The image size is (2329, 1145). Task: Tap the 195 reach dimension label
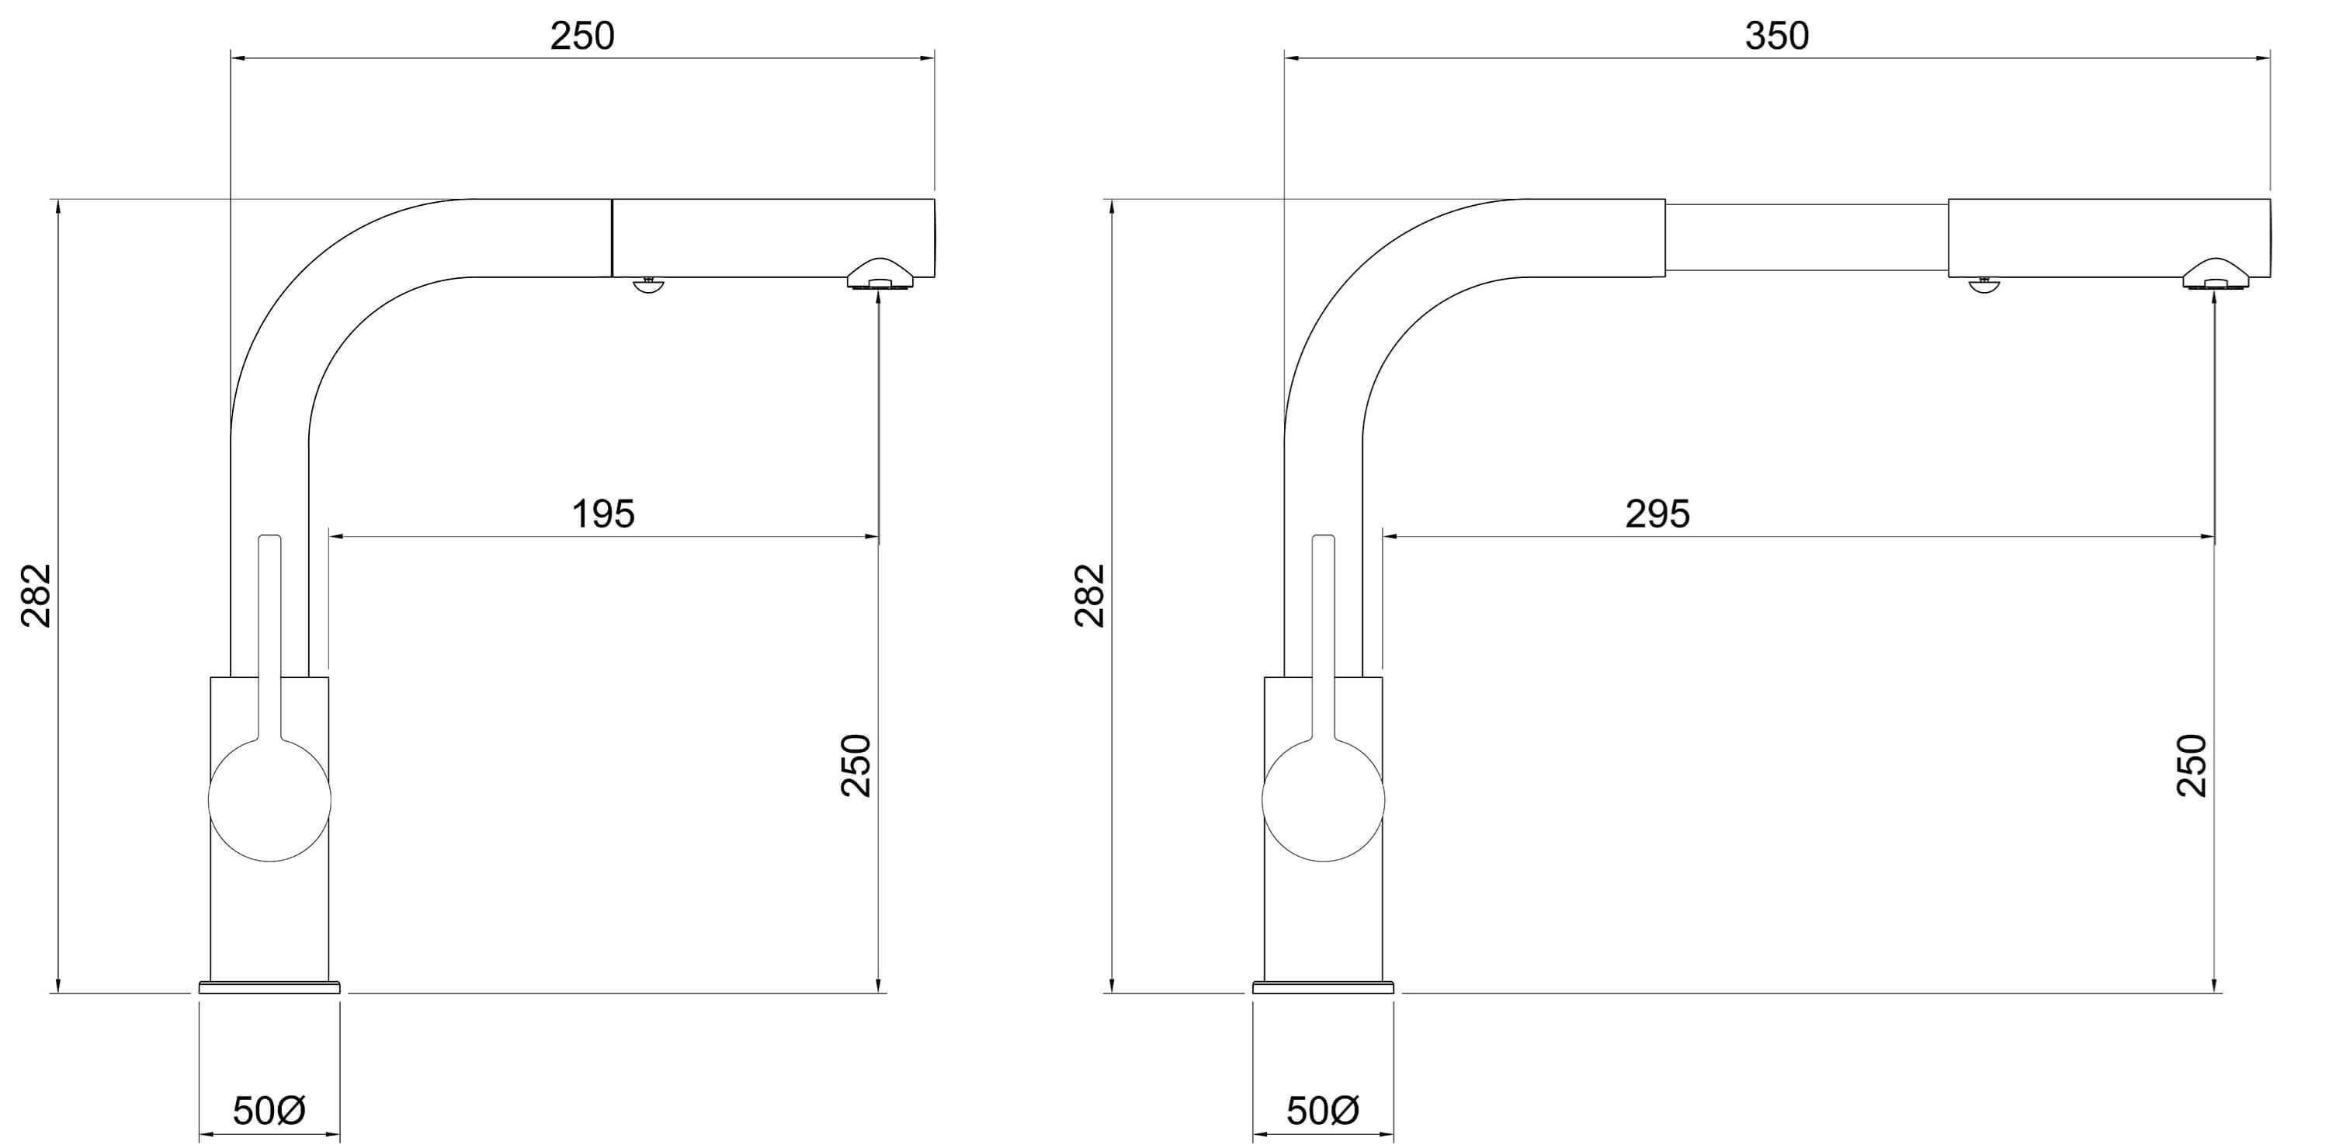pyautogui.click(x=603, y=513)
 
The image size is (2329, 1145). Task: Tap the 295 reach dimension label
pyautogui.click(x=1657, y=513)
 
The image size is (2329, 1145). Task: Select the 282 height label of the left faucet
pyautogui.click(x=37, y=595)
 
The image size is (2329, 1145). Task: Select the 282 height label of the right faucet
pyautogui.click(x=1091, y=595)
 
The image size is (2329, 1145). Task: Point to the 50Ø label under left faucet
pyautogui.click(x=269, y=1111)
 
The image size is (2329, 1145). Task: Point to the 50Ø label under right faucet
pyautogui.click(x=1323, y=1111)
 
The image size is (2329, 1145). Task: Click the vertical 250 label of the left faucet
pyautogui.click(x=856, y=765)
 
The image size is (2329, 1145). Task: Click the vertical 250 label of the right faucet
pyautogui.click(x=2192, y=765)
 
